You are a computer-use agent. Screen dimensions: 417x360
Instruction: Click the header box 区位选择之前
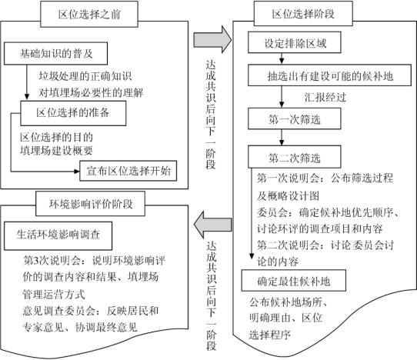click(x=89, y=14)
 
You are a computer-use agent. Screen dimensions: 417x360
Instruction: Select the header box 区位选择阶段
click(x=303, y=14)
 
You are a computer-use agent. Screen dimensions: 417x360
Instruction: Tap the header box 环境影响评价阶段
click(x=91, y=204)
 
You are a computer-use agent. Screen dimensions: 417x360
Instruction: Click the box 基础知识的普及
click(x=56, y=53)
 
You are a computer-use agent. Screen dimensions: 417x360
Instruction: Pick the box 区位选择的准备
click(x=73, y=113)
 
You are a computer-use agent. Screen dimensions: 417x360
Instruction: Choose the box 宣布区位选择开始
click(x=128, y=171)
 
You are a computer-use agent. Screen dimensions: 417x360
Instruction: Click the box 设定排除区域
click(x=295, y=42)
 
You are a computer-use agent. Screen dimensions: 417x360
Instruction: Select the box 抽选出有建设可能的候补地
click(x=329, y=75)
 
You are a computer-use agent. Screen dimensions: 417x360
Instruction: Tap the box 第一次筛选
click(x=295, y=118)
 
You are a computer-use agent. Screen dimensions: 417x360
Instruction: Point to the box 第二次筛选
click(x=295, y=157)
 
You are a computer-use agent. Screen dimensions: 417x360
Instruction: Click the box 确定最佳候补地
click(x=294, y=281)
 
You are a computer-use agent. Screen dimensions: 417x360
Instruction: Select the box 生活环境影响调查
click(x=58, y=236)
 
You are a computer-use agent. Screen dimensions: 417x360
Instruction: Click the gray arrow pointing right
click(x=212, y=40)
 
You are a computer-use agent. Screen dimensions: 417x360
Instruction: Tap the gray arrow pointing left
click(x=212, y=225)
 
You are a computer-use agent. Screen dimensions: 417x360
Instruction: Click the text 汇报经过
click(x=325, y=98)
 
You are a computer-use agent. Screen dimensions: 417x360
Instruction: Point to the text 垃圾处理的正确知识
click(x=85, y=76)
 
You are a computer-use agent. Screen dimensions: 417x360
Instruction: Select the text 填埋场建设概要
click(x=56, y=151)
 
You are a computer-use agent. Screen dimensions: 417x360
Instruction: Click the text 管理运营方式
click(x=54, y=295)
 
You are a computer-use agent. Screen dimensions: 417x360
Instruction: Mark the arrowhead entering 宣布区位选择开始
click(x=77, y=172)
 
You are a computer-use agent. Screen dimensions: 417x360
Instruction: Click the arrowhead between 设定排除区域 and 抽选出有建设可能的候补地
click(x=282, y=61)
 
